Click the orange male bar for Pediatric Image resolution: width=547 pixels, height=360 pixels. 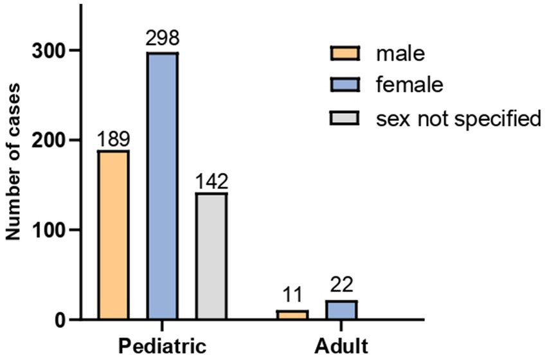113,235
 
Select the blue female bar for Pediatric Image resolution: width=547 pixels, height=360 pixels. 163,186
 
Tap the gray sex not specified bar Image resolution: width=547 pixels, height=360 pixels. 211,256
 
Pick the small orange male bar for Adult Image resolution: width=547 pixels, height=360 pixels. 292,315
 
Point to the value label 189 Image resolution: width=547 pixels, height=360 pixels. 113,138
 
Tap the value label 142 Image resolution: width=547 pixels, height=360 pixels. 211,181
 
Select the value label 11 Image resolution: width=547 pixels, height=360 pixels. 292,298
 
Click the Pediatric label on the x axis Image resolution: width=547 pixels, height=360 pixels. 161,345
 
